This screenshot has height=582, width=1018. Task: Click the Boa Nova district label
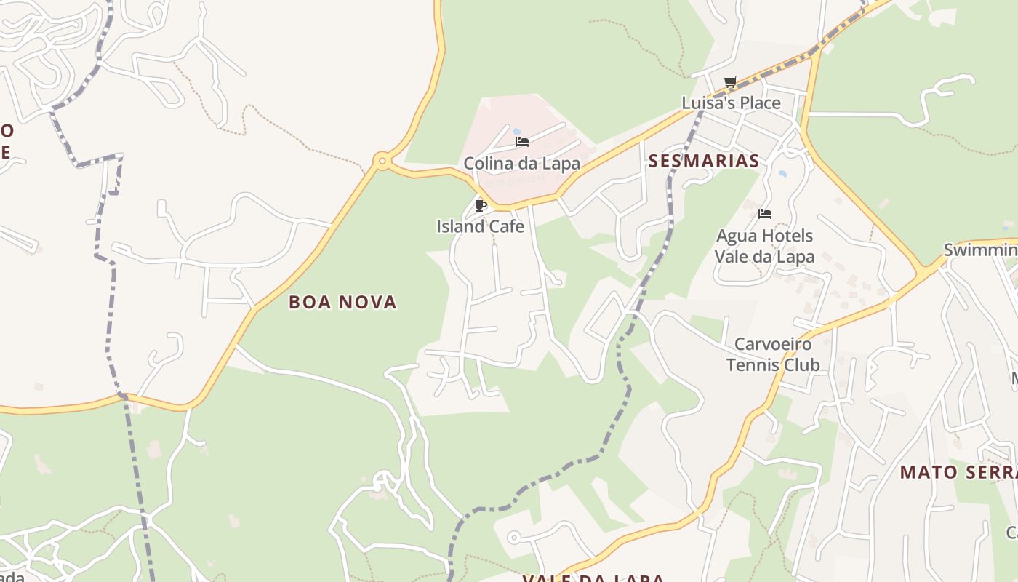pyautogui.click(x=342, y=302)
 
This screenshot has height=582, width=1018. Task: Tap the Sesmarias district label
pyautogui.click(x=704, y=161)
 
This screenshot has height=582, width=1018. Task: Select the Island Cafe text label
pyautogui.click(x=480, y=226)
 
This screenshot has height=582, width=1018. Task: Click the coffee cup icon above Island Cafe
pyautogui.click(x=480, y=205)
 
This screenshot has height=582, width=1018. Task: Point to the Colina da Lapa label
pyautogui.click(x=521, y=164)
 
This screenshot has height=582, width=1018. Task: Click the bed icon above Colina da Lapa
pyautogui.click(x=521, y=142)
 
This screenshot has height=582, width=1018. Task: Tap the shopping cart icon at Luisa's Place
pyautogui.click(x=731, y=82)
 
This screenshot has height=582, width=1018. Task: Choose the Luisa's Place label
pyautogui.click(x=731, y=103)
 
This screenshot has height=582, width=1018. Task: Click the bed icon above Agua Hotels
pyautogui.click(x=764, y=214)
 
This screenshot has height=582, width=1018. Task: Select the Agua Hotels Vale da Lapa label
pyautogui.click(x=764, y=246)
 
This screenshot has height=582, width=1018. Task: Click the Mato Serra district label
pyautogui.click(x=958, y=472)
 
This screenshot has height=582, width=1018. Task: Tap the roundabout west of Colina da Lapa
pyautogui.click(x=382, y=161)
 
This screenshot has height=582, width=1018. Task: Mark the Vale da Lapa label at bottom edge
pyautogui.click(x=593, y=578)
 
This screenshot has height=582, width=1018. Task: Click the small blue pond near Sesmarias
pyautogui.click(x=782, y=174)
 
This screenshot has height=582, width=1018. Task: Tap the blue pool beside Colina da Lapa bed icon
pyautogui.click(x=517, y=132)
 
